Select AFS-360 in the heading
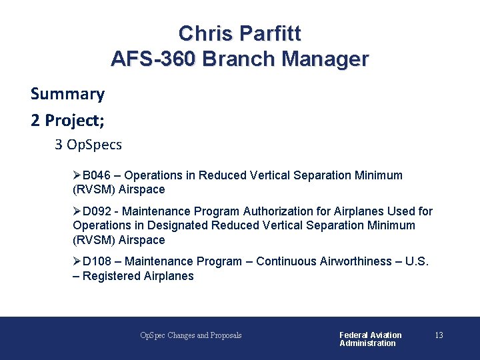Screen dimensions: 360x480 pyautogui.click(x=153, y=59)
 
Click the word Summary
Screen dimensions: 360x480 pyautogui.click(x=67, y=94)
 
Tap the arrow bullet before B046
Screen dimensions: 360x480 pyautogui.click(x=77, y=175)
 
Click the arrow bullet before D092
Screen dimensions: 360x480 pyautogui.click(x=77, y=211)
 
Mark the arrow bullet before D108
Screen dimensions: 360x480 pyautogui.click(x=77, y=261)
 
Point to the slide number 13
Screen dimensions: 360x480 pyautogui.click(x=439, y=335)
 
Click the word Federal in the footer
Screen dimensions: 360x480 pyautogui.click(x=354, y=335)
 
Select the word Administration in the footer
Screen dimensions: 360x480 pyautogui.click(x=367, y=343)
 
